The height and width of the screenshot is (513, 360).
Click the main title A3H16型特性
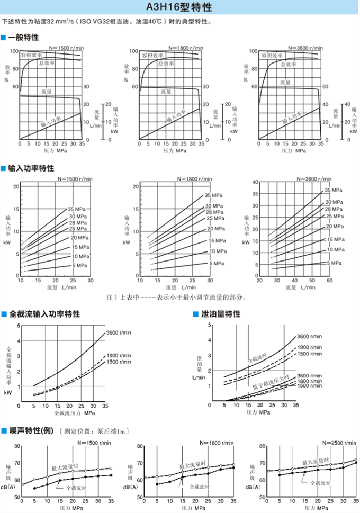point(179,8)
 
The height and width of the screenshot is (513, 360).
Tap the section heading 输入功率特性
point(31,168)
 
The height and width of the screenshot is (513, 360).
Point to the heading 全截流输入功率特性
point(44,314)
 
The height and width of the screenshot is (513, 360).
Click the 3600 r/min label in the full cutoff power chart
point(119,332)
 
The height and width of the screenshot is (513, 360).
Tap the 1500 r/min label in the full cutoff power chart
point(119,362)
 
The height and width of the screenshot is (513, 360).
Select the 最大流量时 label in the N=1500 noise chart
point(65,468)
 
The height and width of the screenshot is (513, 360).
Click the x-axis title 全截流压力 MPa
point(74,412)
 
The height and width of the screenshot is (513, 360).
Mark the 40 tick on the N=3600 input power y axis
point(255,182)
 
